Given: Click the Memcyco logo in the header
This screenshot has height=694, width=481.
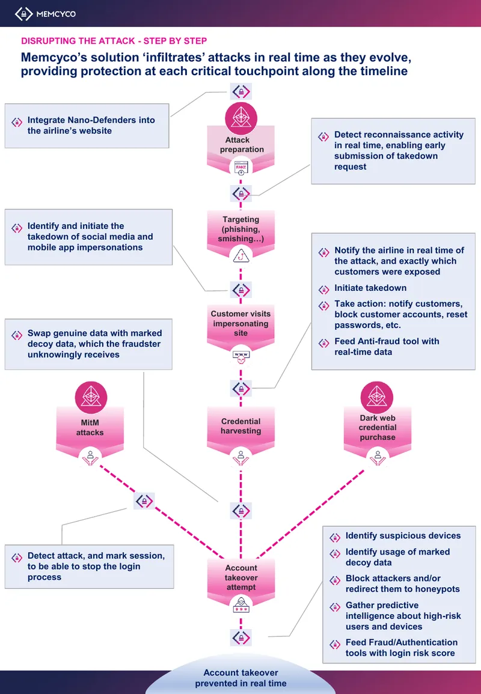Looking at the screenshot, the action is pyautogui.click(x=45, y=14).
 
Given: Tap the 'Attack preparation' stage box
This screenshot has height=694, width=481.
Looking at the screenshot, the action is pyautogui.click(x=241, y=145).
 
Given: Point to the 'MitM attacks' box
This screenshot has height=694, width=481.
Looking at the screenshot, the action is pyautogui.click(x=90, y=428).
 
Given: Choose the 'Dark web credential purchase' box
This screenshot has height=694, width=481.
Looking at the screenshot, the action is pyautogui.click(x=378, y=428).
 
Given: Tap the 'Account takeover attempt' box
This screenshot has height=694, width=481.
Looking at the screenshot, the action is pyautogui.click(x=241, y=577).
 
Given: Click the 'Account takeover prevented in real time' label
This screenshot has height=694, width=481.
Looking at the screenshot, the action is pyautogui.click(x=241, y=678).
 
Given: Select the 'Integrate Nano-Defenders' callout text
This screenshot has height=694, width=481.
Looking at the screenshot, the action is pyautogui.click(x=91, y=125).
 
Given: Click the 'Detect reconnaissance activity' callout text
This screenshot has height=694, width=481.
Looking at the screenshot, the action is pyautogui.click(x=399, y=150).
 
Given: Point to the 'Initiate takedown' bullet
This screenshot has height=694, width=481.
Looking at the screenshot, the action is pyautogui.click(x=370, y=288).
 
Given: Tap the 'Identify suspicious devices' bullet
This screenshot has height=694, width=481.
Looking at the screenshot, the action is pyautogui.click(x=403, y=535).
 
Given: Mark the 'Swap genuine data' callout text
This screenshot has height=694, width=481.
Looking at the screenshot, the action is pyautogui.click(x=95, y=344).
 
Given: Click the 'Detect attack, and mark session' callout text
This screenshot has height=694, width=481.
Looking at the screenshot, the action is pyautogui.click(x=96, y=567).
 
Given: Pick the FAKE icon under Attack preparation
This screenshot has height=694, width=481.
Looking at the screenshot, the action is pyautogui.click(x=241, y=169).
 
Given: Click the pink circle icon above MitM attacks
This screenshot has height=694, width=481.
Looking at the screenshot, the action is pyautogui.click(x=91, y=397).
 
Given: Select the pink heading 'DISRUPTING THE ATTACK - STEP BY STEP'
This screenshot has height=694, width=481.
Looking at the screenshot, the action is pyautogui.click(x=114, y=41).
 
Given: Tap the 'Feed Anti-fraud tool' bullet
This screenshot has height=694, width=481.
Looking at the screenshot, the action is pyautogui.click(x=387, y=347).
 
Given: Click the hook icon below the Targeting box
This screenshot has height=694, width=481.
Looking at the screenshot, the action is pyautogui.click(x=241, y=255).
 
